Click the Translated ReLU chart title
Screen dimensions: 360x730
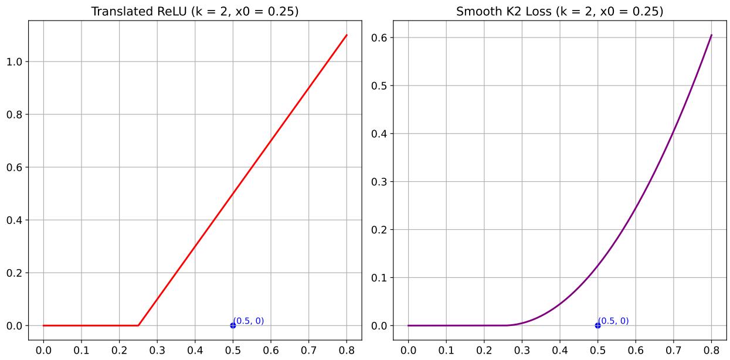tap(195, 11)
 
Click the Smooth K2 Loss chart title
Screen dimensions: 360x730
tap(559, 11)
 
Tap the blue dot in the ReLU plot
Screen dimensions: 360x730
tap(233, 325)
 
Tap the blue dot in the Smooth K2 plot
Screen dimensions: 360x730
tap(597, 325)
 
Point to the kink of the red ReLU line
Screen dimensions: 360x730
tap(138, 325)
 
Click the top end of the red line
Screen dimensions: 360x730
tap(347, 35)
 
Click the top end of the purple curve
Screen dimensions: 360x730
tap(711, 35)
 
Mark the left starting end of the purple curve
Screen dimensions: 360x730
tap(408, 325)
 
